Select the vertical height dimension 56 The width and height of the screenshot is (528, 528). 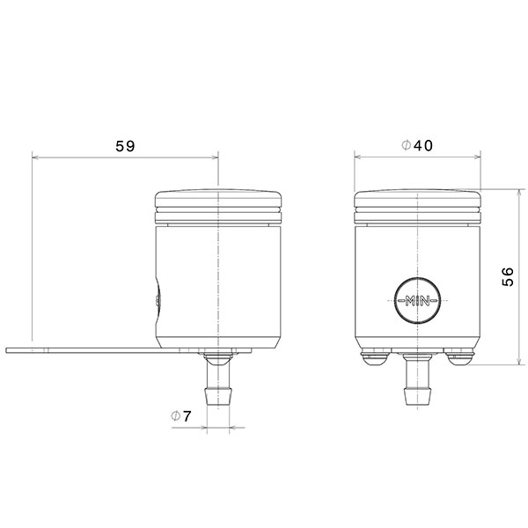coord(508,277)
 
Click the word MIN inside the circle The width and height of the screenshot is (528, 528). coord(417,301)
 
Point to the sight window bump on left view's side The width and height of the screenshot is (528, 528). coord(158,298)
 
